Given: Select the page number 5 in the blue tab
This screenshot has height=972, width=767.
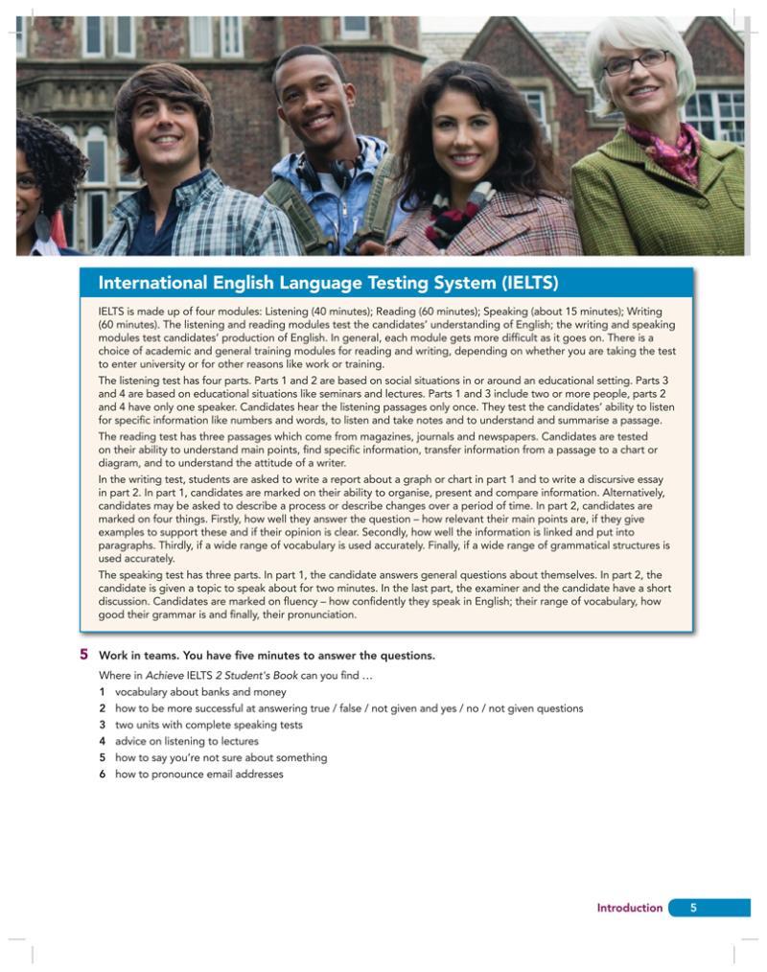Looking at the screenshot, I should tap(694, 908).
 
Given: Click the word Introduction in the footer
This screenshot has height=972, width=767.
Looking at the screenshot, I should tap(629, 908).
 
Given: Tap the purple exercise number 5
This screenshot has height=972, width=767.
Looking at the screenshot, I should tap(84, 656).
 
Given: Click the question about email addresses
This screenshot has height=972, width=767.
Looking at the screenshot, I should tap(198, 774).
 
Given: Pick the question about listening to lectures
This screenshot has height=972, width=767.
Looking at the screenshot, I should tap(186, 741).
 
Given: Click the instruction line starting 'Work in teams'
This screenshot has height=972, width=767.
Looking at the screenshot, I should tap(267, 656).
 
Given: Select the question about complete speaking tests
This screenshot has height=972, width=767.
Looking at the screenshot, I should tap(208, 725).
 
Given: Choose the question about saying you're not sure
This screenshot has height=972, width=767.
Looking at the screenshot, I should tap(221, 757).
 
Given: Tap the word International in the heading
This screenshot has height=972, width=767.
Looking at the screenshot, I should tap(151, 283).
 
